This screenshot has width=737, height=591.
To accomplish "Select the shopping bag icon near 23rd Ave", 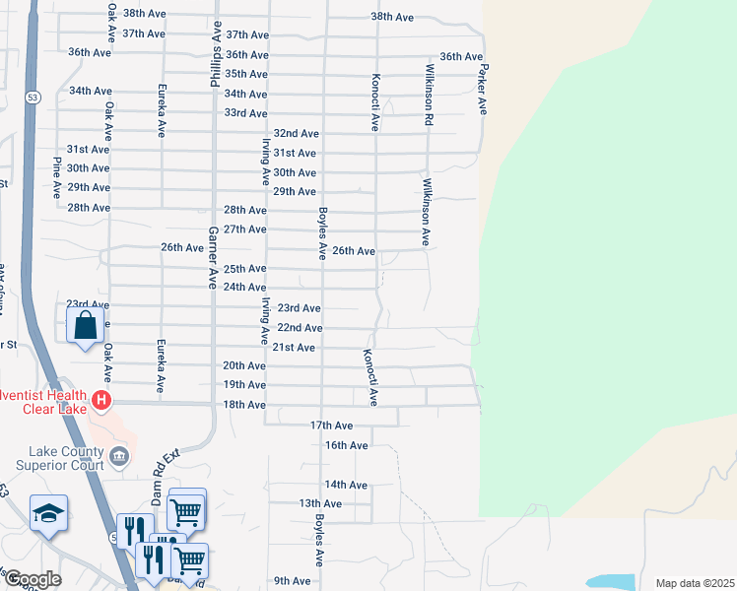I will click(x=86, y=324).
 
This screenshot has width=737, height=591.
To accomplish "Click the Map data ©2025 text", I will click(x=694, y=583).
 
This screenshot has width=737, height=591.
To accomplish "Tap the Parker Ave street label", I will click(x=483, y=90).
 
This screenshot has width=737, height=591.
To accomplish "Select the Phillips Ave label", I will click(x=214, y=58).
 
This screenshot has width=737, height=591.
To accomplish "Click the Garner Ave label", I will click(x=212, y=257).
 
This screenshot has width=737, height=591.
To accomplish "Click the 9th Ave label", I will click(x=293, y=581).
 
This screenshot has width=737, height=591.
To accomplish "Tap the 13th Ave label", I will click(x=319, y=503).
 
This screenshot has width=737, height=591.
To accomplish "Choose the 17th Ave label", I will click(x=331, y=426).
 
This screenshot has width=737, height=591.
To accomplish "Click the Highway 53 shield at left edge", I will click(x=33, y=98).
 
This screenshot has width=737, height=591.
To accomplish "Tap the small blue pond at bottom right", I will click(x=611, y=581).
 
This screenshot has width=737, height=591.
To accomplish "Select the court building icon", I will click(x=119, y=455).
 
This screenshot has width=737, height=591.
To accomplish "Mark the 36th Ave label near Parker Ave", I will click(x=461, y=57).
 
